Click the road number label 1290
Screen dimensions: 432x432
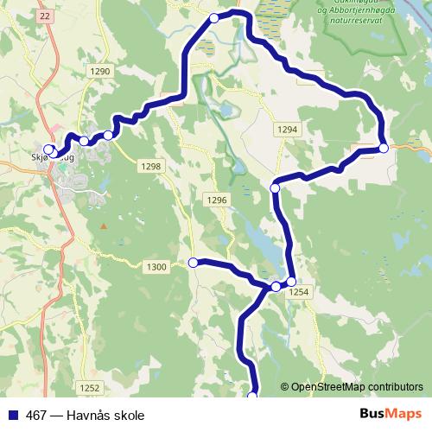[101, 72]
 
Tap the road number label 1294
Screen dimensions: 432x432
[288, 129]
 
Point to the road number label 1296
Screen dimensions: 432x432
[216, 200]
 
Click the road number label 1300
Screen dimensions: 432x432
[156, 267]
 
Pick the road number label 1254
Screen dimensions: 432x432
[298, 294]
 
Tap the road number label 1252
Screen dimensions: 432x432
[89, 388]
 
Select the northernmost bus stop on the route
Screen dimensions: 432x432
[214, 18]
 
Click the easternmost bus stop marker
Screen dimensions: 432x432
[384, 148]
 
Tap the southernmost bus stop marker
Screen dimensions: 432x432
[252, 396]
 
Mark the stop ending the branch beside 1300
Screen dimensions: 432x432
[194, 262]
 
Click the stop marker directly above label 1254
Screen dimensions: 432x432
[291, 282]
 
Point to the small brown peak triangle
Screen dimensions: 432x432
[103, 226]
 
